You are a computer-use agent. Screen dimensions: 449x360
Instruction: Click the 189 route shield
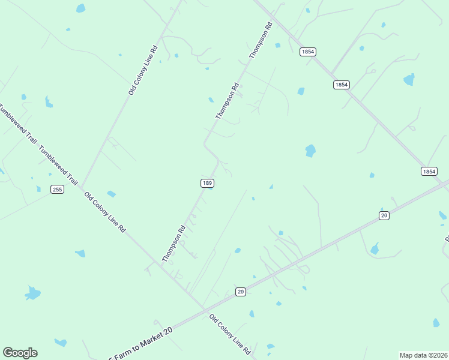pyautogui.click(x=206, y=182)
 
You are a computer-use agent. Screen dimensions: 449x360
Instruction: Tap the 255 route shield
pyautogui.click(x=57, y=190)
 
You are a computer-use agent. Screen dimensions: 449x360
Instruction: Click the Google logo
pyautogui.click(x=20, y=353)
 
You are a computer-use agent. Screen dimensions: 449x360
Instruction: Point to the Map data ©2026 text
pyautogui.click(x=423, y=355)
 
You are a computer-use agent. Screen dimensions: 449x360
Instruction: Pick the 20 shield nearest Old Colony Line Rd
pyautogui.click(x=240, y=292)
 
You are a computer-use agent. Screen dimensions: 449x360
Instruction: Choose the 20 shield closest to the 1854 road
pyautogui.click(x=384, y=215)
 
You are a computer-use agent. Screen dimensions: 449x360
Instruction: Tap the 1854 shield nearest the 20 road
pyautogui.click(x=429, y=171)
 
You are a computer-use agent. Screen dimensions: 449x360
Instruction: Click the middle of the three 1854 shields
pyautogui.click(x=341, y=85)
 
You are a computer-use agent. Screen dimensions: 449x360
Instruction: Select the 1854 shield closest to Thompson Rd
pyautogui.click(x=307, y=52)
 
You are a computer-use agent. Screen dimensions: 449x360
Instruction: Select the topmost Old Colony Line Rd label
pyautogui.click(x=143, y=70)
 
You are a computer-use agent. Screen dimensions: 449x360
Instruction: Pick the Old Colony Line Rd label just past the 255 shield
pyautogui.click(x=105, y=212)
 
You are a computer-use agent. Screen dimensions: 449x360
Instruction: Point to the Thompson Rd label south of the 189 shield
pyautogui.click(x=174, y=244)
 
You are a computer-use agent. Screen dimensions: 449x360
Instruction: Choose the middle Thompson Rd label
pyautogui.click(x=228, y=100)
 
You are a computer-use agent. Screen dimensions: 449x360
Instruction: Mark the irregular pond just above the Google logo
pyautogui.click(x=32, y=293)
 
